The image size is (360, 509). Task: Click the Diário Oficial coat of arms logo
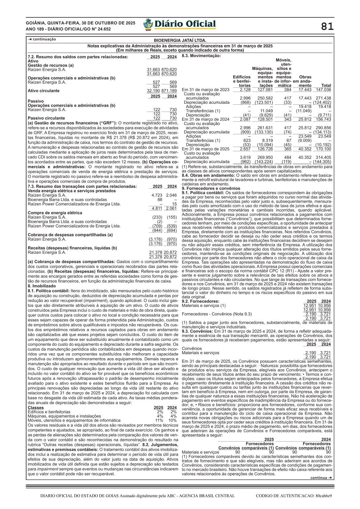[148, 24]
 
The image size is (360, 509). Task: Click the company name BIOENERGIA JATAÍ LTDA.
[180, 40]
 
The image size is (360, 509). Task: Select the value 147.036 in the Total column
[323, 90]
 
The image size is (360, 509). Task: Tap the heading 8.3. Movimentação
[201, 56]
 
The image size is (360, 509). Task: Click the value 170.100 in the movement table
[323, 149]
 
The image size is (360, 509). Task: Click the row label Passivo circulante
[46, 118]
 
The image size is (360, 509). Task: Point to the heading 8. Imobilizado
[42, 286]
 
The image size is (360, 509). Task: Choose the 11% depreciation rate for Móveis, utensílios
[159, 420]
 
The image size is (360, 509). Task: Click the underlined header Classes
[36, 408]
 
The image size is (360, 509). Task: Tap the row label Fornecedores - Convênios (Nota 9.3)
[217, 314]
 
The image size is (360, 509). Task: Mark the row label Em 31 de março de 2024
[205, 119]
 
